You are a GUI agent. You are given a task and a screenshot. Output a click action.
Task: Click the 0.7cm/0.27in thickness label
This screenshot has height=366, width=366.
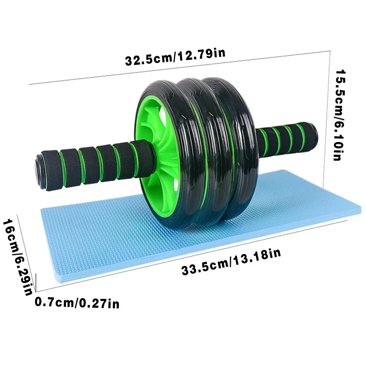pyautogui.click(x=77, y=301)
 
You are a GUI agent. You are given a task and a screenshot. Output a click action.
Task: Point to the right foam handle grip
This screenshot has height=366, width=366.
pyautogui.click(x=286, y=138)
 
